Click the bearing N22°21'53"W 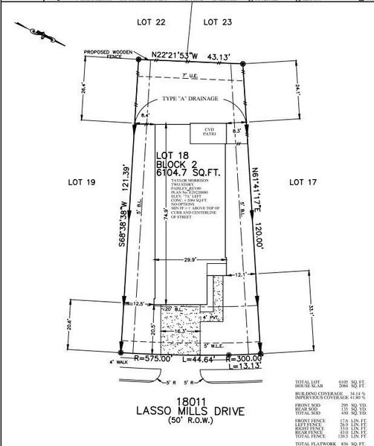[x=176, y=55]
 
